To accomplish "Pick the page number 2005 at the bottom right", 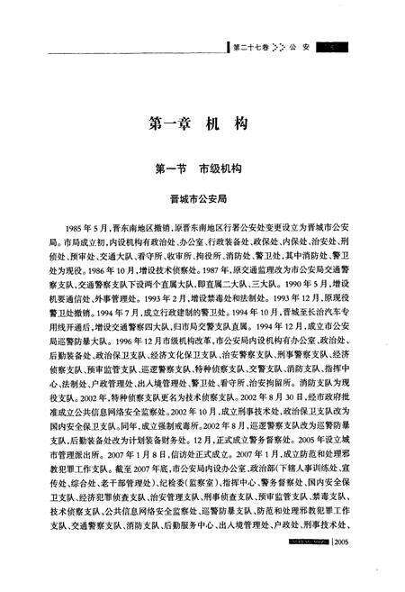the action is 345,542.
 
